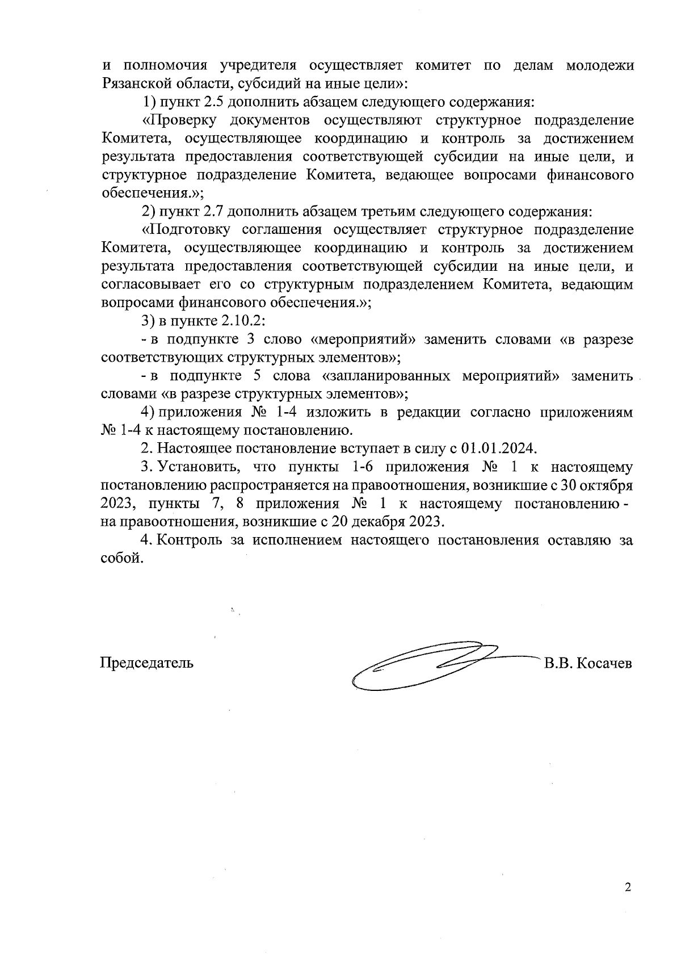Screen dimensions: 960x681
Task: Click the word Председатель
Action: point(146,663)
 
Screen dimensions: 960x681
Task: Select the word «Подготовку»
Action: point(186,229)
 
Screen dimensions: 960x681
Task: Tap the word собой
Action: point(119,558)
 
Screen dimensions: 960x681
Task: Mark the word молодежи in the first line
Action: point(600,66)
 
